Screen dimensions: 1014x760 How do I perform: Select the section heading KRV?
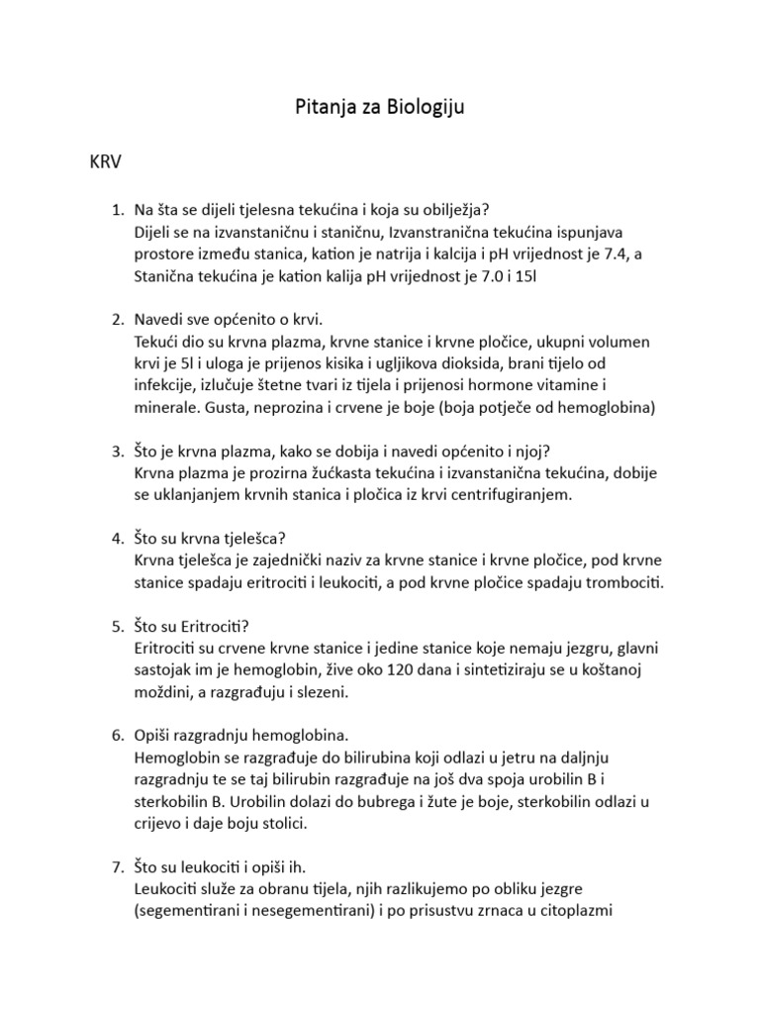(106, 163)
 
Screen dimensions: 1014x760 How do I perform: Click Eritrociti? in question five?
(211, 627)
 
